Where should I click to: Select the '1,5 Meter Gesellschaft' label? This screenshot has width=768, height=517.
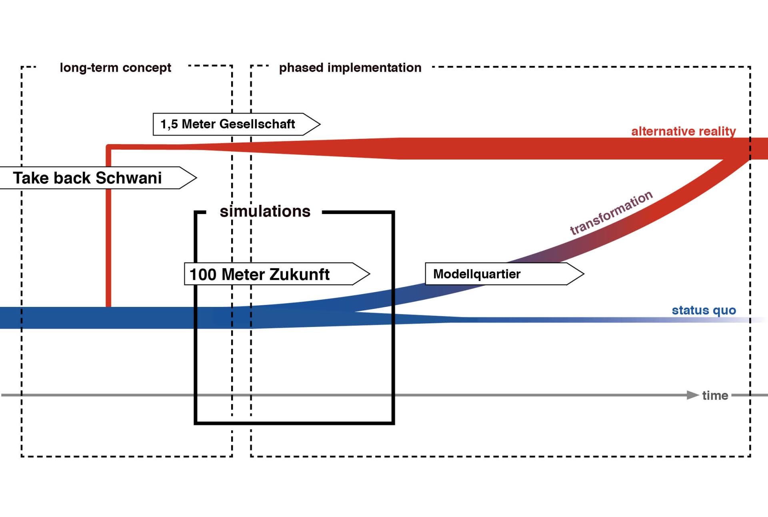point(228,124)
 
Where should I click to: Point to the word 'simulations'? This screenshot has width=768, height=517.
point(265,211)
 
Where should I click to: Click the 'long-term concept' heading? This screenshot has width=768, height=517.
point(115,68)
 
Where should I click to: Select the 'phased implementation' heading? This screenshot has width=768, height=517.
point(350,68)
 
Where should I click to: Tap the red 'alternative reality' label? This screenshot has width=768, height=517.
point(683,131)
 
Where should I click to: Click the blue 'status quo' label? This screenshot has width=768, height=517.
point(704,310)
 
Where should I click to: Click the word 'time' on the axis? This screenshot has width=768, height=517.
point(715,395)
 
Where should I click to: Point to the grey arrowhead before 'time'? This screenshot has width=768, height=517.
point(692,395)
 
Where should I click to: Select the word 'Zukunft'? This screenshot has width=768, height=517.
point(299,274)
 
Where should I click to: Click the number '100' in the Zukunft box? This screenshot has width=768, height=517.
point(203,275)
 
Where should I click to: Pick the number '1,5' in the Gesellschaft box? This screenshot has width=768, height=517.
point(169,124)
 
